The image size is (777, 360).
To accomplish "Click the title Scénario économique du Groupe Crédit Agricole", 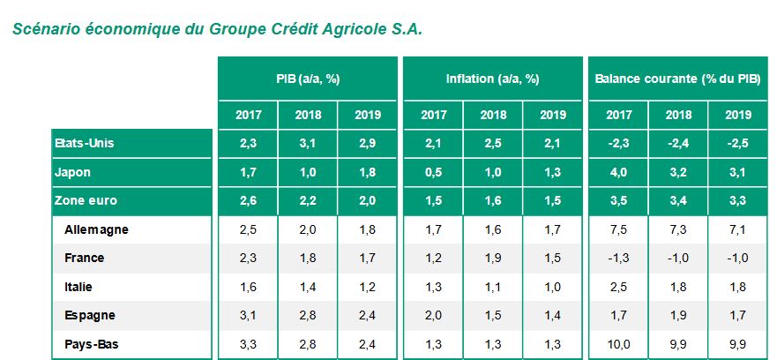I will (218, 29).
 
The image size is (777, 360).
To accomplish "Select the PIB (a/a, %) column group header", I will (308, 79).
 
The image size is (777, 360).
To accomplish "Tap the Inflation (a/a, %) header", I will (492, 79).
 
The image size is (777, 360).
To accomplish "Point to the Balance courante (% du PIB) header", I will (676, 79).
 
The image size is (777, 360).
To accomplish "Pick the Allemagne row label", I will (97, 229).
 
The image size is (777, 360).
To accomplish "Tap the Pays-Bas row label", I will (93, 344).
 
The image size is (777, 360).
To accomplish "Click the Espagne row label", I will (91, 315).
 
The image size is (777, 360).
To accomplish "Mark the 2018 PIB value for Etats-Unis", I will (308, 143).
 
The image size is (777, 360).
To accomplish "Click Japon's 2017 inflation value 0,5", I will (433, 172).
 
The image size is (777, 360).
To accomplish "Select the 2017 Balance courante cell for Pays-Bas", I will (616, 344).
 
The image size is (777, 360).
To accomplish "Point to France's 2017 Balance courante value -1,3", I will (616, 258).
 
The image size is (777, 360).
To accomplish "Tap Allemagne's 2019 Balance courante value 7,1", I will (737, 229).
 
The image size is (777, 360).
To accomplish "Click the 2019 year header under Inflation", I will (552, 115).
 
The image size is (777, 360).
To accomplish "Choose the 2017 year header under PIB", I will (248, 115).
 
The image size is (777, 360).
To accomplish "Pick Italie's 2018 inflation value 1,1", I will (492, 287).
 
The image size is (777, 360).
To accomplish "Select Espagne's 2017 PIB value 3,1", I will (248, 315).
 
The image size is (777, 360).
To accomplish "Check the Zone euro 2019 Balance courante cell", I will (737, 201).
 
